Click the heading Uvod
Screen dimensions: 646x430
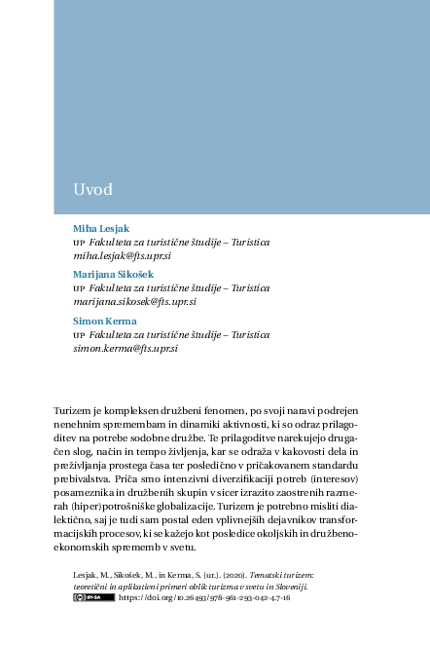point(93,188)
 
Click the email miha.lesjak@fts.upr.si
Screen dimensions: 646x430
point(123,255)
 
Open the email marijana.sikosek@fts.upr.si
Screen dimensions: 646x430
point(133,301)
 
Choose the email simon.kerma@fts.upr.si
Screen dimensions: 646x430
point(125,348)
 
